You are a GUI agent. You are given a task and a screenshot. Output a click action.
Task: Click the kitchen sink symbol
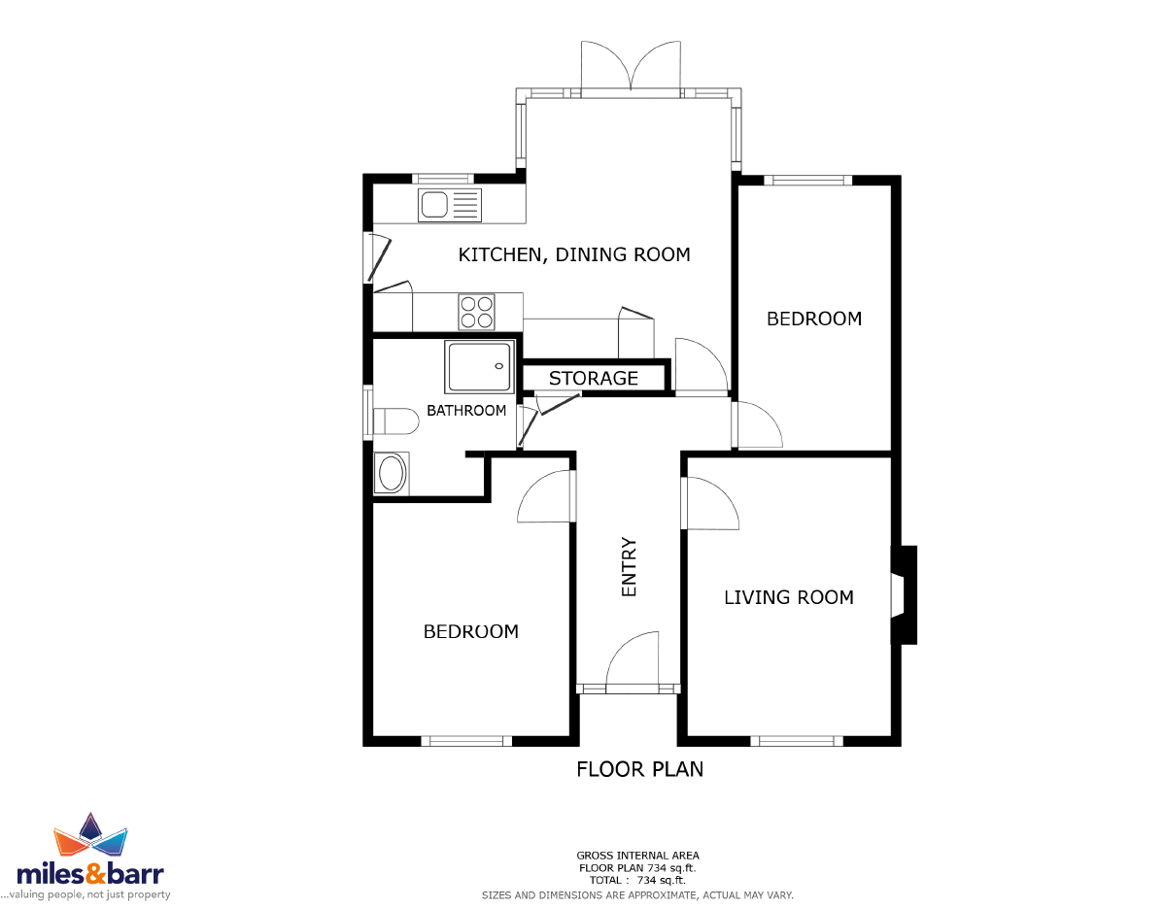pyautogui.click(x=450, y=206)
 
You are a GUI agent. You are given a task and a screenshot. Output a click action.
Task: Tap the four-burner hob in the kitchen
pyautogui.click(x=477, y=312)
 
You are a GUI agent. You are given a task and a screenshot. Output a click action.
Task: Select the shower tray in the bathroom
pyautogui.click(x=479, y=366)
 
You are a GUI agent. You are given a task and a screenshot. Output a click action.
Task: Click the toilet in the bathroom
pyautogui.click(x=394, y=421)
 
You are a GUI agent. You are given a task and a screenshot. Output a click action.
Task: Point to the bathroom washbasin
pyautogui.click(x=392, y=473)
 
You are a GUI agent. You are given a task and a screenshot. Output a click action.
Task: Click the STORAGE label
pyautogui.click(x=594, y=379)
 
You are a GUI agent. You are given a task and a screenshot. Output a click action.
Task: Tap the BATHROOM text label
pyautogui.click(x=466, y=410)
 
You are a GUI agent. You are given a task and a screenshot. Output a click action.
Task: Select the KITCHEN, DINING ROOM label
pyautogui.click(x=574, y=254)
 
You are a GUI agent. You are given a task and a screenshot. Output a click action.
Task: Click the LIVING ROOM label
pyautogui.click(x=789, y=597)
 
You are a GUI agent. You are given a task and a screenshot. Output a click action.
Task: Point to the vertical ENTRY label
pyautogui.click(x=629, y=567)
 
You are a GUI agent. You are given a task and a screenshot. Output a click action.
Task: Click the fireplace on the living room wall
pyautogui.click(x=905, y=595)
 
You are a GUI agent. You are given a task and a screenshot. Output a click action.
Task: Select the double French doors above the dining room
pyautogui.click(x=631, y=68)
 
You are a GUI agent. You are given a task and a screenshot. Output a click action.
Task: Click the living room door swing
pyautogui.click(x=711, y=503)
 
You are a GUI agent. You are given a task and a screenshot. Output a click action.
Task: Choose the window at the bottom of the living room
pyautogui.click(x=797, y=740)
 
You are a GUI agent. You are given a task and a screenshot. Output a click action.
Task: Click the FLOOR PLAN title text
pyautogui.click(x=640, y=769)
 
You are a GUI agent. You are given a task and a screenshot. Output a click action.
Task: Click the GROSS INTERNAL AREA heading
pyautogui.click(x=637, y=856)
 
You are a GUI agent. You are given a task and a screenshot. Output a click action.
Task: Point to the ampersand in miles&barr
pyautogui.click(x=96, y=873)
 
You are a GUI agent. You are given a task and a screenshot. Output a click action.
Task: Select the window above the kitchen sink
pyautogui.click(x=442, y=179)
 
